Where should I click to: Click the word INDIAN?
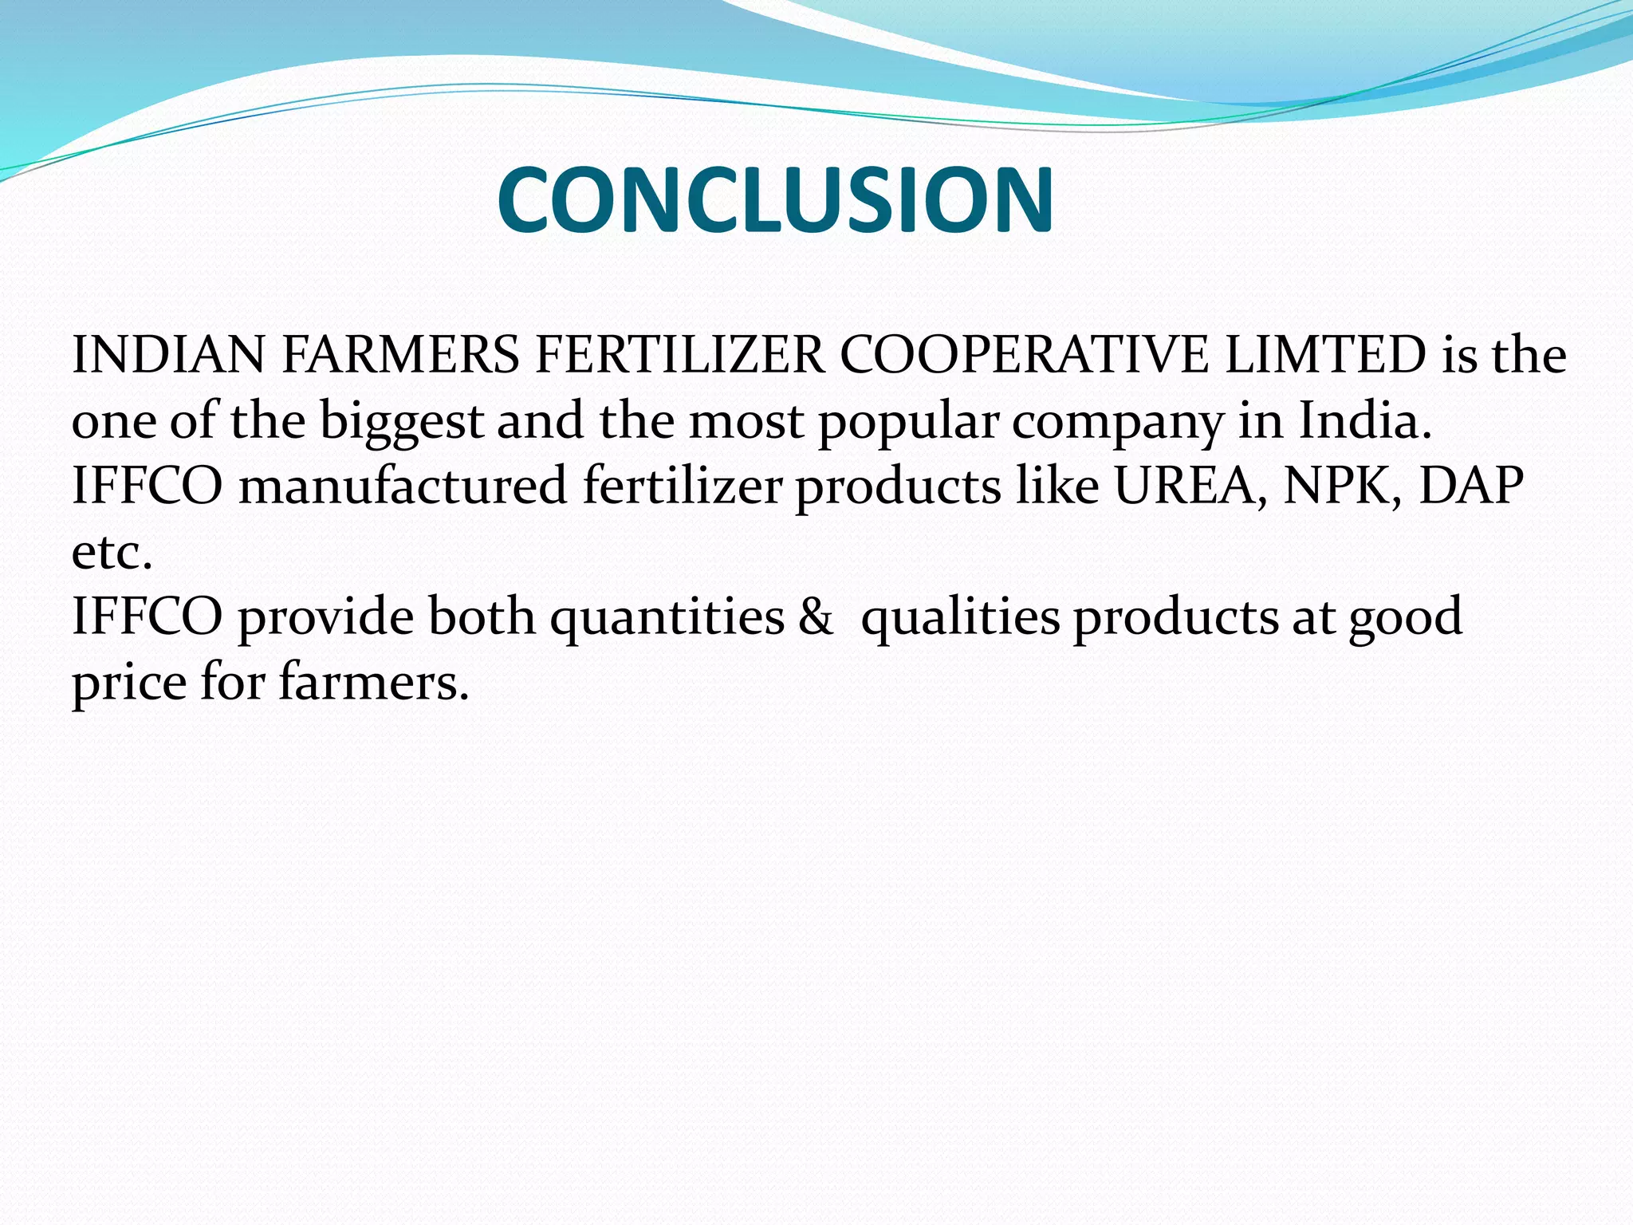point(167,355)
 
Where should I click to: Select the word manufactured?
point(403,486)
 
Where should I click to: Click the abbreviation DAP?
point(1471,486)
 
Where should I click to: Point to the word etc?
point(112,553)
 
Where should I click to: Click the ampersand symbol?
point(815,618)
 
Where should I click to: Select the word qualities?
point(960,618)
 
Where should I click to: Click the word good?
point(1405,618)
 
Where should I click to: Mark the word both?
point(482,616)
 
